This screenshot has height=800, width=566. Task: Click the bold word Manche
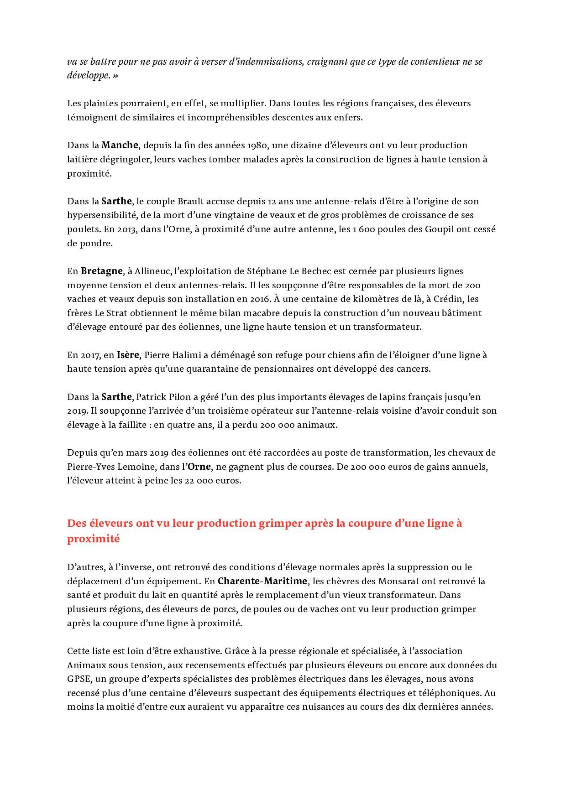point(120,145)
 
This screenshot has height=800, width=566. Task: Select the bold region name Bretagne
point(102,271)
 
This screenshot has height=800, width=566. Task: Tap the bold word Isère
point(128,355)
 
